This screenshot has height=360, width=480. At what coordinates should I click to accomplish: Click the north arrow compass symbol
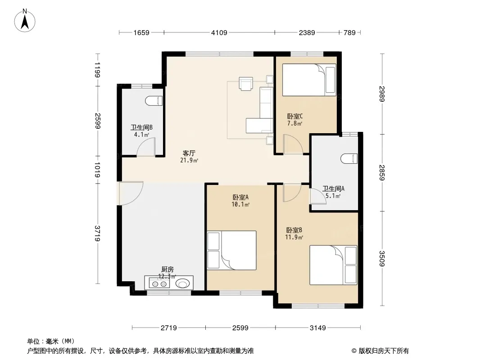point(25,21)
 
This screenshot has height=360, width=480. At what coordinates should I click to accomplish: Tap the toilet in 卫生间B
point(154,101)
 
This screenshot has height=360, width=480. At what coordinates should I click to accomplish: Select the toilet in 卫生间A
point(349,158)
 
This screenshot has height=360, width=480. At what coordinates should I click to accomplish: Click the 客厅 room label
point(189,153)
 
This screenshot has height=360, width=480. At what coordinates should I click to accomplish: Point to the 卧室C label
point(295,116)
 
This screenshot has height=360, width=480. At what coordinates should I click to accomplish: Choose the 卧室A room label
point(240,197)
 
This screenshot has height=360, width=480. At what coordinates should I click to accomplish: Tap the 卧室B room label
point(294,230)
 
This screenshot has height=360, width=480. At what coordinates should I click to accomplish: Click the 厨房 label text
point(168,269)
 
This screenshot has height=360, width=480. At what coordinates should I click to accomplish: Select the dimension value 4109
point(219,32)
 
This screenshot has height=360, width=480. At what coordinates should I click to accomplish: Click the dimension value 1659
point(141,32)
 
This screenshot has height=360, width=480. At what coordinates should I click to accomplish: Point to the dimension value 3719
point(98,234)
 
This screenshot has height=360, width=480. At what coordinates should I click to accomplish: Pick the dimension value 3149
point(318,328)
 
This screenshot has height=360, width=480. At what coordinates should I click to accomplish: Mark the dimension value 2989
point(382,94)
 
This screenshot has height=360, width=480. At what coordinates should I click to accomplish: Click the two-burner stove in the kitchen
point(159,283)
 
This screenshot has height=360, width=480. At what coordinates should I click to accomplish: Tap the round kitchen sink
point(182,283)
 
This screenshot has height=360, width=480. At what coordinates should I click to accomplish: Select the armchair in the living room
point(246,84)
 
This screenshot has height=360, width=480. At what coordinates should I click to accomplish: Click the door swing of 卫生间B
point(146,147)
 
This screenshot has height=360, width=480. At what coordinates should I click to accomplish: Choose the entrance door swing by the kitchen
point(131,193)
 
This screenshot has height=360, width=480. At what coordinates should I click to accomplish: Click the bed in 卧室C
point(309,80)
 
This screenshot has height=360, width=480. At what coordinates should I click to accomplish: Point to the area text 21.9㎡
point(189,160)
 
